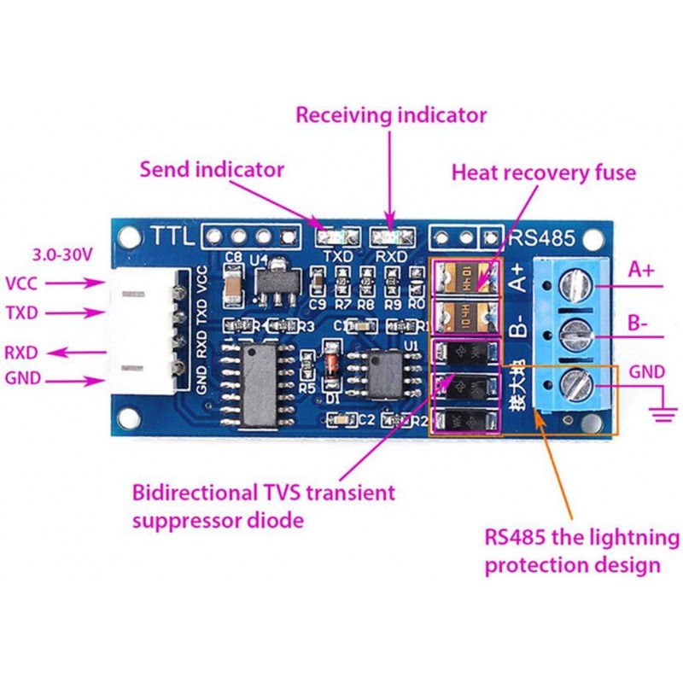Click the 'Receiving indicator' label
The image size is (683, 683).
point(391,114)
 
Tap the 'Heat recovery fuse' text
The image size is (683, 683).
point(544,172)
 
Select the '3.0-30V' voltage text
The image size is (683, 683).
point(61,254)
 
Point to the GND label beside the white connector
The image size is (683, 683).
point(23,379)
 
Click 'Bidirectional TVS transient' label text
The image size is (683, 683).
point(264,493)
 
